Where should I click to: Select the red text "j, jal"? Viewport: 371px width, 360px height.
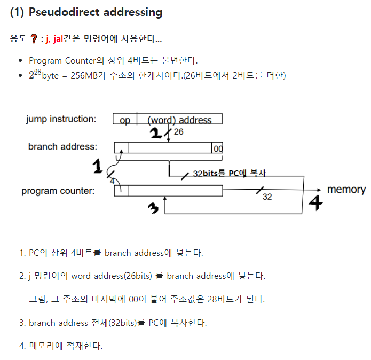click(x=54, y=39)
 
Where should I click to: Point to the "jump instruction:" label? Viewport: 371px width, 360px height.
click(x=61, y=119)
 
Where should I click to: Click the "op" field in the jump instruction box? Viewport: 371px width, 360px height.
click(x=124, y=120)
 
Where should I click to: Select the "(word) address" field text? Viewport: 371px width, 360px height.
click(x=179, y=120)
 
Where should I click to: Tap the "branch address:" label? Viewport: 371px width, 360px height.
click(x=62, y=146)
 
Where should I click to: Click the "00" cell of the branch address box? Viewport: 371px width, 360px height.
click(x=218, y=149)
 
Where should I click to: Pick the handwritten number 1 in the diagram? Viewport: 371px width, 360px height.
click(x=98, y=168)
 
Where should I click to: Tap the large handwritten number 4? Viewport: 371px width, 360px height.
click(x=316, y=204)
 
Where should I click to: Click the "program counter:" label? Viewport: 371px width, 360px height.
click(x=58, y=191)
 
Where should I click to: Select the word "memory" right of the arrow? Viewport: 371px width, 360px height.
click(x=346, y=190)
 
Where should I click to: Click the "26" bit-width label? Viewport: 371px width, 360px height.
click(x=178, y=131)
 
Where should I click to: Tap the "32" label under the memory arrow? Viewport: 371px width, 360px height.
click(x=267, y=197)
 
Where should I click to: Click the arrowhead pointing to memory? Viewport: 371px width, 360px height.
click(x=319, y=190)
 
